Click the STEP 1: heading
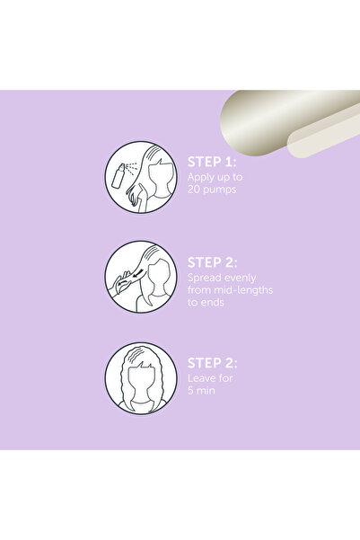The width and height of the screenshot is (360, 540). coord(212,162)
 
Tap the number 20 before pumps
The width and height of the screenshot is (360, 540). coord(193,189)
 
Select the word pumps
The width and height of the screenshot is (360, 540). coord(219,190)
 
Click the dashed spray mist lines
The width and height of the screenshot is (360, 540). coord(131,168)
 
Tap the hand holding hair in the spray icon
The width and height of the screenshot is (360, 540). coord(137,198)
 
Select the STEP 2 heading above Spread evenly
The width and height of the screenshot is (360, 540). coord(213,262)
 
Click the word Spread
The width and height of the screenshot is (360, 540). coord(205,278)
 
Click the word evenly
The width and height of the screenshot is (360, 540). coord(240,279)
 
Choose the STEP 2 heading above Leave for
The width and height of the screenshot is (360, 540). coord(213,363)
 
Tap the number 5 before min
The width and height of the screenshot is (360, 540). coord(190,391)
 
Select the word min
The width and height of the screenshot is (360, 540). coord(206,391)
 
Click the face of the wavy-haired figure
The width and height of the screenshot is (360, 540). coord(141,382)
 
